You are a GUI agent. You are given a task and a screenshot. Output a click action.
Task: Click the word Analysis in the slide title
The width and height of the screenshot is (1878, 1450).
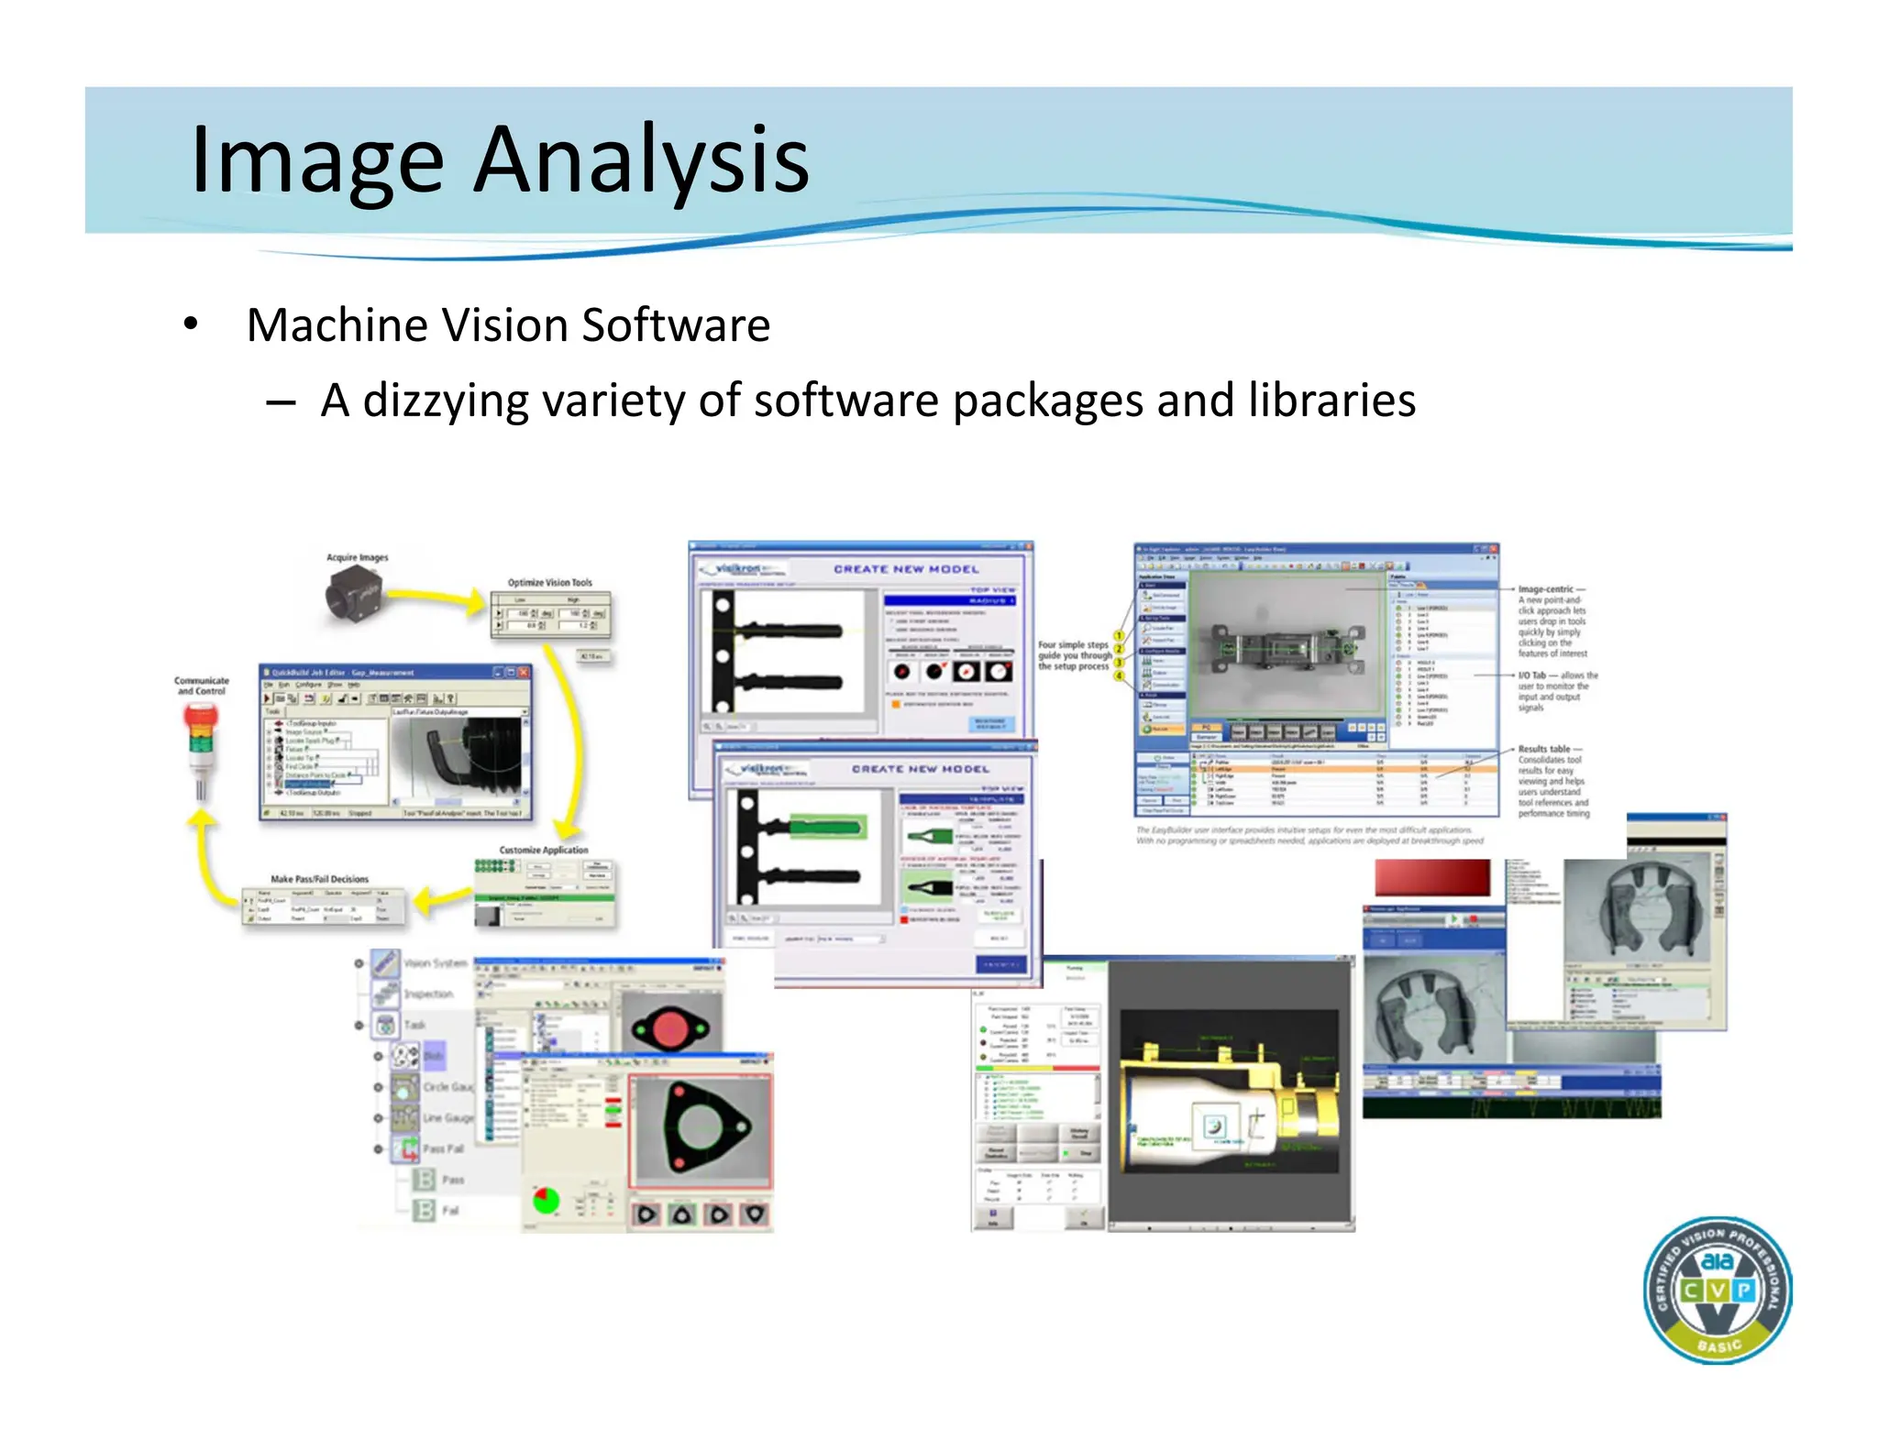(641, 160)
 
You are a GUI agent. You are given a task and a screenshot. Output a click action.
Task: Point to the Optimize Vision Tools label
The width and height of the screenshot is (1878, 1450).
(549, 583)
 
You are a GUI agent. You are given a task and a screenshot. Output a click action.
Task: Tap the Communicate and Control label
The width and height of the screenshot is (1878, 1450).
(201, 686)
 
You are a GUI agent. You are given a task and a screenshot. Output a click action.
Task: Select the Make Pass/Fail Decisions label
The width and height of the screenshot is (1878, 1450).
(319, 879)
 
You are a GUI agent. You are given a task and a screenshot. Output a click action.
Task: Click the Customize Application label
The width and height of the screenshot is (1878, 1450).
(544, 850)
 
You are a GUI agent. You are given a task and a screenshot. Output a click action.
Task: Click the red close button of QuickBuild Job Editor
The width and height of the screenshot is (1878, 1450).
(523, 672)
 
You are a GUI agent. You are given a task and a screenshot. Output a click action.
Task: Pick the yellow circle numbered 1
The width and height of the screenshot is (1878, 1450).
(1119, 636)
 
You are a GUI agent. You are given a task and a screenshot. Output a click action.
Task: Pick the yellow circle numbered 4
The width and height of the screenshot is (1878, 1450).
(1119, 676)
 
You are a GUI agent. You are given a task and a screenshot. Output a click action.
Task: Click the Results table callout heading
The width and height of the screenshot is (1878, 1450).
(1543, 749)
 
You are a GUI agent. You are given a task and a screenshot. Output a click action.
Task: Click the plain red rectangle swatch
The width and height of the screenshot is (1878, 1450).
(1431, 878)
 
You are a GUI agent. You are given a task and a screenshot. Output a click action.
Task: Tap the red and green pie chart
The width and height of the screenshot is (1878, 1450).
(547, 1199)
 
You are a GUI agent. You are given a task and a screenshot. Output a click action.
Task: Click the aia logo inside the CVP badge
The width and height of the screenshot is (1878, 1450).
(1717, 1261)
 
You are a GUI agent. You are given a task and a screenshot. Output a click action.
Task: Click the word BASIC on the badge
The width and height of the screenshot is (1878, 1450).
(1718, 1346)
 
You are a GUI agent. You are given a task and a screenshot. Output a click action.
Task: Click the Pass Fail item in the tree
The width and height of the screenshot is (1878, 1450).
(442, 1148)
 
